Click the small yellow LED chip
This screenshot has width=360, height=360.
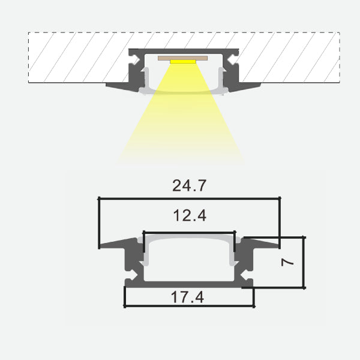tap(183, 61)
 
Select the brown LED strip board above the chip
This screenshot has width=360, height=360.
tap(183, 58)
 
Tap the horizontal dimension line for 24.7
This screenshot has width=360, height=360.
tap(189, 197)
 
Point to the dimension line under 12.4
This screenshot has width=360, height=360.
tap(189, 232)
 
